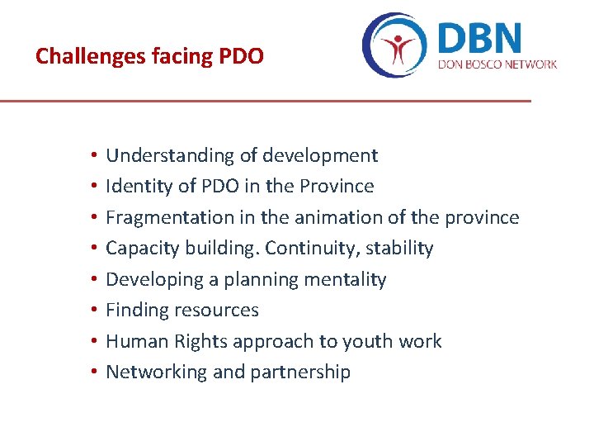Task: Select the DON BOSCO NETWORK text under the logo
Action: tap(497, 64)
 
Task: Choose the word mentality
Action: tap(346, 279)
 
